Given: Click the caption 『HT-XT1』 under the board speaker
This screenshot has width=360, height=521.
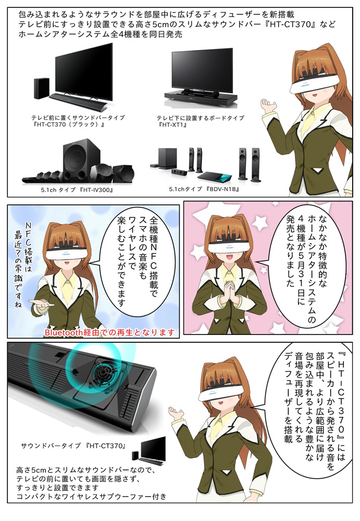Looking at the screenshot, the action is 173,125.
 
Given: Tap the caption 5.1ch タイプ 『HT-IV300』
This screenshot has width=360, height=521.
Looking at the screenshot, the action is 77,190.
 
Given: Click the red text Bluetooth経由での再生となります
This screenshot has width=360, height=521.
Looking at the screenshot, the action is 109,332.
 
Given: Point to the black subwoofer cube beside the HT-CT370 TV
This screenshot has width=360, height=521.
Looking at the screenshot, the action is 42,89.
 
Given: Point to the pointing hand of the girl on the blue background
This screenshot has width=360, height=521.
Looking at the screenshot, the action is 41,303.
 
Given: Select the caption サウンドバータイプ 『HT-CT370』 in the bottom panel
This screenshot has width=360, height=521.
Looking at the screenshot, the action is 73,446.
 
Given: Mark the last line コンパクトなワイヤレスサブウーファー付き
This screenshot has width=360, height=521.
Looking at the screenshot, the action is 91,497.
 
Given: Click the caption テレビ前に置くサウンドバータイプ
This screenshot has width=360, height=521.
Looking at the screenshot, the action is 78,118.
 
